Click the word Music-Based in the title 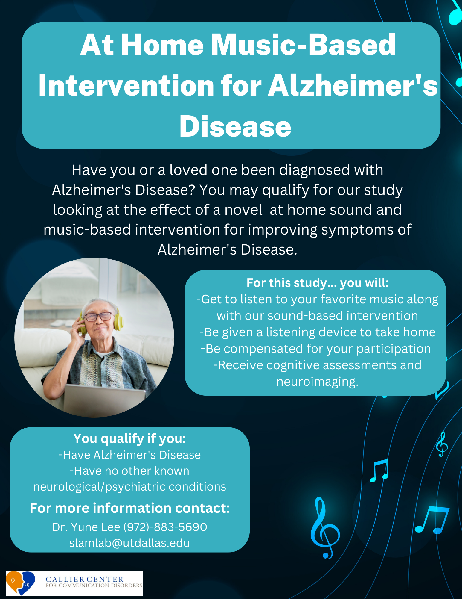303,45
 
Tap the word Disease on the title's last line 235,126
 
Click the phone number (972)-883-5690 165,527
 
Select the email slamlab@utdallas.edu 129,543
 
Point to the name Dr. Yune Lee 86,527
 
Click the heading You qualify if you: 130,438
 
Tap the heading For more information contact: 130,508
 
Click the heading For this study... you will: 318,283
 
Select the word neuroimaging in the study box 316,382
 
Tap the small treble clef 442,444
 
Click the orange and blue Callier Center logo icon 20,583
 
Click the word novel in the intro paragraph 243,210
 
